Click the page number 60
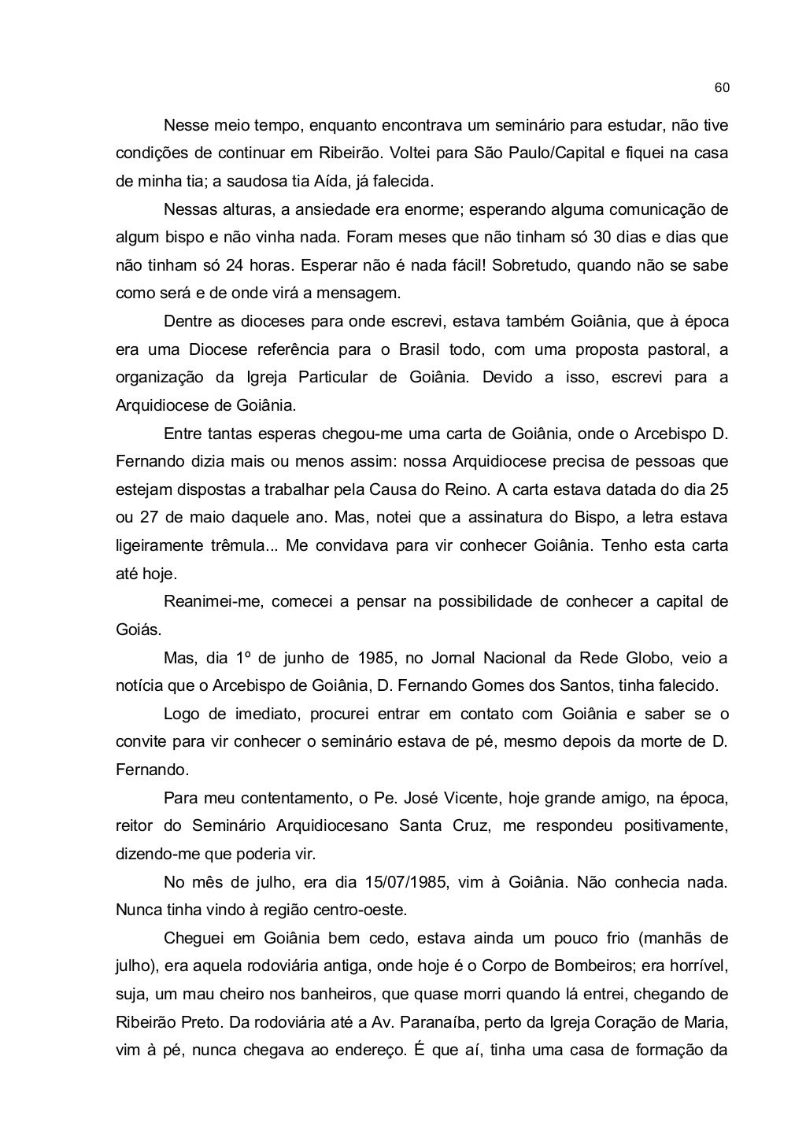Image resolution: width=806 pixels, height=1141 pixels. click(x=721, y=87)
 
